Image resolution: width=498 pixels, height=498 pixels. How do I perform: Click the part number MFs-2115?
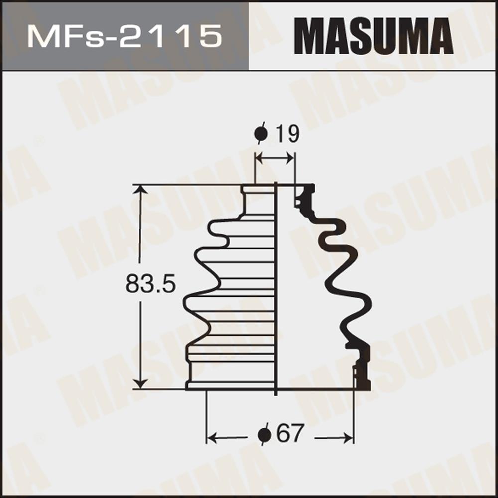pos(124,37)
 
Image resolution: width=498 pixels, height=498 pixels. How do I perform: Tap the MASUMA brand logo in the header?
pos(373,36)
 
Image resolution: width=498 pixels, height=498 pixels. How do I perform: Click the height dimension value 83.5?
pos(150,284)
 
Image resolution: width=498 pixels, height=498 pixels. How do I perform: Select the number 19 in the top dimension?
pos(287,134)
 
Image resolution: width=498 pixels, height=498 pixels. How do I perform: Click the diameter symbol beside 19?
pos(261,133)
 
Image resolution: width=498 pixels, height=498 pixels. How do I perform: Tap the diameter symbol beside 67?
pos(264,434)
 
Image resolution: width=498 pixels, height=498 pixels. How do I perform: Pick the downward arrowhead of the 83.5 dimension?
pos(140,383)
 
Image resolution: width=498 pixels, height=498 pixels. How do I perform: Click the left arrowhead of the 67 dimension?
pos(212,438)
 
